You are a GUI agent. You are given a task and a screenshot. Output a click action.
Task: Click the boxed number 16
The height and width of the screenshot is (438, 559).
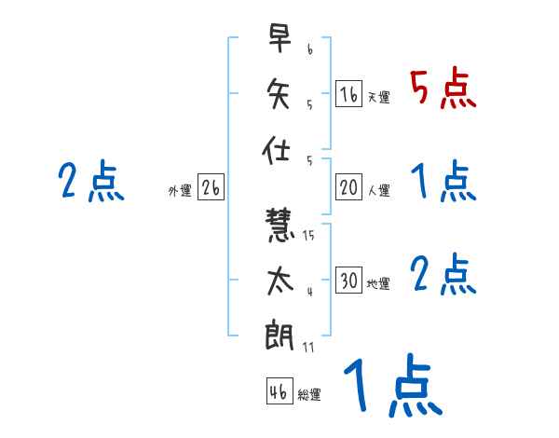click(348, 93)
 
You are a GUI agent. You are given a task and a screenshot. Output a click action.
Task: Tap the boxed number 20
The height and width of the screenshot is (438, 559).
click(348, 187)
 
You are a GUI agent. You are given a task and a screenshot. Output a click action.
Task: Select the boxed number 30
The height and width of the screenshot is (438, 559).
click(348, 281)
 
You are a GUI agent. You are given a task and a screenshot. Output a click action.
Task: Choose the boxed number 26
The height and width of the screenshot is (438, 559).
click(211, 187)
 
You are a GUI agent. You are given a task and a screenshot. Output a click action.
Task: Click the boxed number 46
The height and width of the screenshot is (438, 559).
click(279, 390)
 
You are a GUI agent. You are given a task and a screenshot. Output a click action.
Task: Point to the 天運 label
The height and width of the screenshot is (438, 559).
click(378, 97)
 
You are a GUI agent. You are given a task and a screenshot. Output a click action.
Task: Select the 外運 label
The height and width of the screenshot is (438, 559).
click(179, 191)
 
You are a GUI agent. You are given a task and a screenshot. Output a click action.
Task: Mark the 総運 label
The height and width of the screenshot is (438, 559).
click(309, 394)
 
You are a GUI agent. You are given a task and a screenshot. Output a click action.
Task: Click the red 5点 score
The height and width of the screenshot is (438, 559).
click(443, 89)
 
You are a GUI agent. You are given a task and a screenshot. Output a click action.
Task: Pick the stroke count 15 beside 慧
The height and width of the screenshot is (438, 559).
click(308, 236)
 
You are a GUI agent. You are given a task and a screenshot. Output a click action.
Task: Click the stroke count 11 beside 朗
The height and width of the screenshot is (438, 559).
click(308, 348)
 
